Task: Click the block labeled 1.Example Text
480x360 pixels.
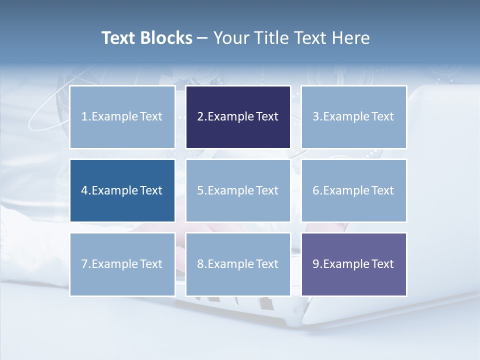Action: [122, 117]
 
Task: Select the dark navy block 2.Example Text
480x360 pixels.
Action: [238, 117]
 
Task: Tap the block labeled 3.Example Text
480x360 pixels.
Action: [353, 117]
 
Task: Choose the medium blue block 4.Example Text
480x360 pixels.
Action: [122, 190]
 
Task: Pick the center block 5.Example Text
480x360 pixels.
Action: [238, 190]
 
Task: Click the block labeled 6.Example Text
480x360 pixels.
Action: [353, 190]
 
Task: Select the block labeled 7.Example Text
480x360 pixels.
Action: [122, 264]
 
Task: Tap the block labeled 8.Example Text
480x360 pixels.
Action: [238, 264]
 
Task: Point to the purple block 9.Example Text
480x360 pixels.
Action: [353, 264]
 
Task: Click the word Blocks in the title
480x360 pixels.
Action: [167, 38]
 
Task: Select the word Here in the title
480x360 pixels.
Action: [350, 38]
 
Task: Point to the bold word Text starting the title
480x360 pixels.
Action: [119, 38]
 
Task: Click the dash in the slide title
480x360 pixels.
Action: [202, 38]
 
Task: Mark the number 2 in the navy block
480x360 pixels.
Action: [200, 117]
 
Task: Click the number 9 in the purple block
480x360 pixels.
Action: [316, 264]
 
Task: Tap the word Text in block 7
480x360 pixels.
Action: [151, 264]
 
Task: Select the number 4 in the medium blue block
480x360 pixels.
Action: [84, 190]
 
